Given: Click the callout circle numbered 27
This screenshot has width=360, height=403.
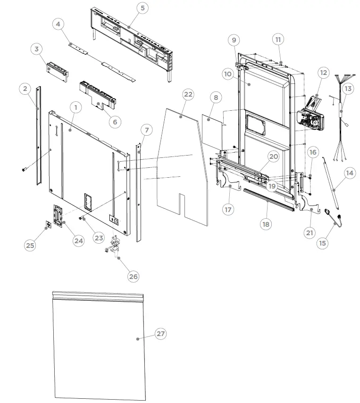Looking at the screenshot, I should tap(161, 334).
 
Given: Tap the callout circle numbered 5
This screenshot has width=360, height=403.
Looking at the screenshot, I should tap(143, 8).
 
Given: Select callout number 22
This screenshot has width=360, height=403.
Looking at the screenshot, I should tap(188, 95).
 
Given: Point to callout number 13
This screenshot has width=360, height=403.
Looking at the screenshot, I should tap(348, 88).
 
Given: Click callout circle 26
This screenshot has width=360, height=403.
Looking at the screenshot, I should tap(134, 276).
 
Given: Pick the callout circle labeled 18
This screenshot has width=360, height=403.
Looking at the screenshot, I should tap(266, 224).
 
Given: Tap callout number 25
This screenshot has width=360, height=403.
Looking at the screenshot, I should tap(31, 245).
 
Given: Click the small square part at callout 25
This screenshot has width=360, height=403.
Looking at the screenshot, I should tap(48, 225).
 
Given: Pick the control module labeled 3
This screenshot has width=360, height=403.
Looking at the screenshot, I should tap(57, 69).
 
